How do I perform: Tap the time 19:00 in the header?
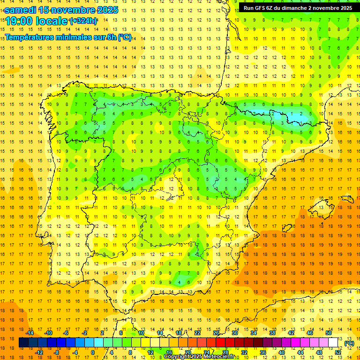point(19,21)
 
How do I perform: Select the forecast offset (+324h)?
point(83,21)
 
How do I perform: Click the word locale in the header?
point(51,21)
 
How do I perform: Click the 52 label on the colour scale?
point(338,352)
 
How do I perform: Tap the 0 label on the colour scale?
point(92,352)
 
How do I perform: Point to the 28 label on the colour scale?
point(225,352)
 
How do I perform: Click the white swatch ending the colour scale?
point(333,343)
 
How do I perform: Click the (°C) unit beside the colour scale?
point(349,343)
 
